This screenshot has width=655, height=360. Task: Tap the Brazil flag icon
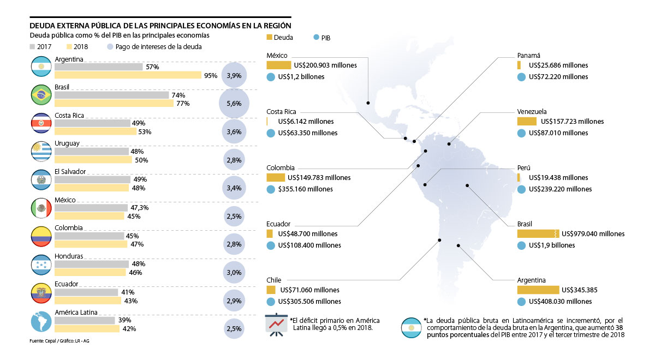41,95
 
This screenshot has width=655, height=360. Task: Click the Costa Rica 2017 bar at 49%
92,123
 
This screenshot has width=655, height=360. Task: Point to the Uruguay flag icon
41,151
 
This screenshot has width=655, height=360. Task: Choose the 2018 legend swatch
69,47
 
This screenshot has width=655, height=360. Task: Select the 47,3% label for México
140,208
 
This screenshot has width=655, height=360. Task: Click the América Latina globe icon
41,321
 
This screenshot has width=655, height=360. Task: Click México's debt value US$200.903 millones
325,65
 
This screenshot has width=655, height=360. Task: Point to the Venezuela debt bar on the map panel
527,122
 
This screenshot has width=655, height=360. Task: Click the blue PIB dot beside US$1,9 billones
521,245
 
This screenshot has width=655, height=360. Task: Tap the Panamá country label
528,55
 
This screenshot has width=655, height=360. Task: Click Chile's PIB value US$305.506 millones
309,302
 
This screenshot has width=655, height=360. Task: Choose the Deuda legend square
269,38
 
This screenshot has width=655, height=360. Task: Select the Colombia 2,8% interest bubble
234,244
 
